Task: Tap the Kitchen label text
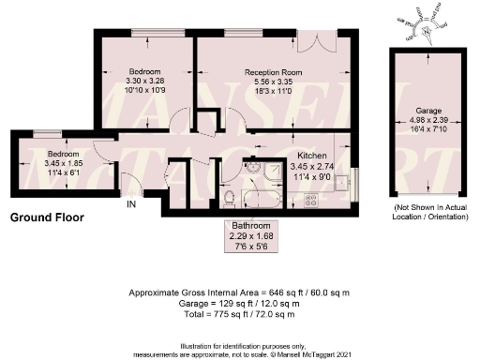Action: pos(312,155)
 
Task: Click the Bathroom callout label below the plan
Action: pos(251,228)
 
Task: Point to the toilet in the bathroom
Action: pos(231,197)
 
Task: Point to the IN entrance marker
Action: pos(131,203)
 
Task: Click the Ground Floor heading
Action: pos(47,217)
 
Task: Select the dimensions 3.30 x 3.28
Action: pos(144,82)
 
